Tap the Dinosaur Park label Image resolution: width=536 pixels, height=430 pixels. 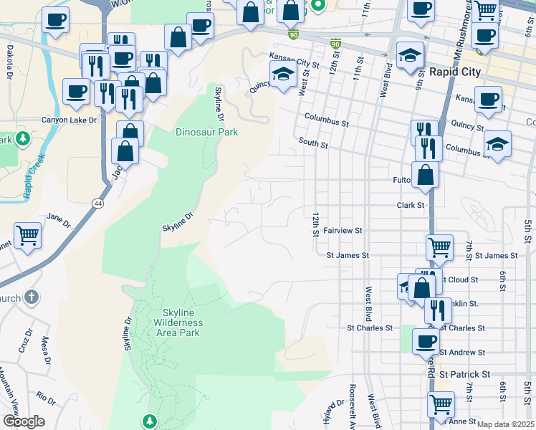pos(206,132)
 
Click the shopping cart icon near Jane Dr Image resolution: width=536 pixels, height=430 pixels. pos(27,235)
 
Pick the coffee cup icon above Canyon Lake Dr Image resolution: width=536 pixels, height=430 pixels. pos(76,91)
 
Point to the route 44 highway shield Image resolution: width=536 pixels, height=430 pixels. pos(95,204)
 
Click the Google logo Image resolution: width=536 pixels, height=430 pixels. pos(24,421)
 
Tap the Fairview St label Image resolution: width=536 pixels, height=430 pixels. pos(343,231)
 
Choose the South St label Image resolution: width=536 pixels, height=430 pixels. pos(313,145)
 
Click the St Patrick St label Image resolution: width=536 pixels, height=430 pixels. pos(464,374)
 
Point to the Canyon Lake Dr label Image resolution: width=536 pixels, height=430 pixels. pos(69,120)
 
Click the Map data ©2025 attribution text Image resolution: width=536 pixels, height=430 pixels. pos(505,424)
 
